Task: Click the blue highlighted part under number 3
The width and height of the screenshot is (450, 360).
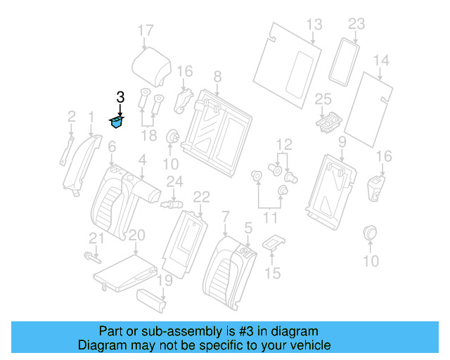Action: (x=116, y=123)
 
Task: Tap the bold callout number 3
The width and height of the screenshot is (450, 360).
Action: (x=120, y=98)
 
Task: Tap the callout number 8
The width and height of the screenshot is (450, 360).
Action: (x=217, y=76)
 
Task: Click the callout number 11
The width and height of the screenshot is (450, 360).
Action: (x=271, y=219)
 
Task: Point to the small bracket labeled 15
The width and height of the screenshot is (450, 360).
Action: (x=273, y=243)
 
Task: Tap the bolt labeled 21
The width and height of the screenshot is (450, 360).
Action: (x=90, y=255)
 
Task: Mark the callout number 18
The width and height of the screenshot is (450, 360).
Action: (x=149, y=134)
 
